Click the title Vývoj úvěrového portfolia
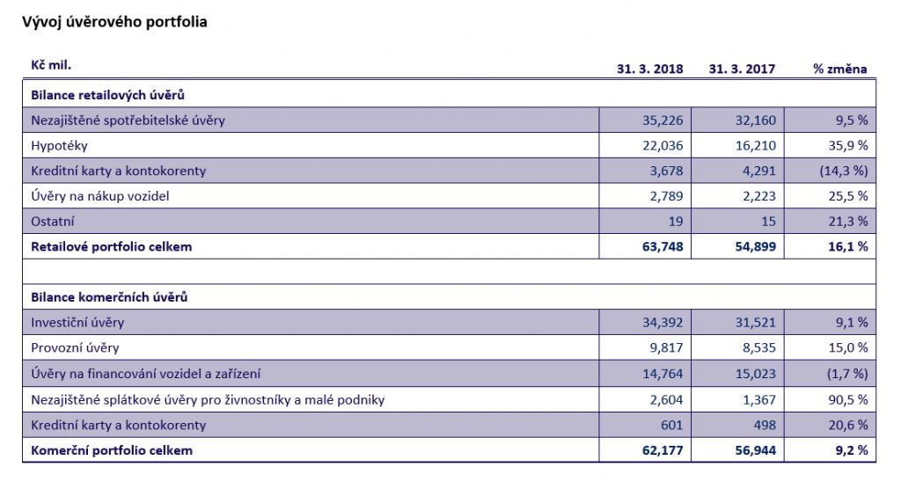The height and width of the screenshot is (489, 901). (x=114, y=22)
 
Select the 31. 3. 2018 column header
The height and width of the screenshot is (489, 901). (x=650, y=69)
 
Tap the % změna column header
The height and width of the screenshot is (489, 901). (x=840, y=69)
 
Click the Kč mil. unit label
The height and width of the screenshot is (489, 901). (x=51, y=66)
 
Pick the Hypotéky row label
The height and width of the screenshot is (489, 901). (x=59, y=145)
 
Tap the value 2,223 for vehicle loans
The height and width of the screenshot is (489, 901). (x=756, y=196)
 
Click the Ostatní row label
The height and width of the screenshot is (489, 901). (x=53, y=222)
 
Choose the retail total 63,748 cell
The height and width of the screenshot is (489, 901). (x=660, y=246)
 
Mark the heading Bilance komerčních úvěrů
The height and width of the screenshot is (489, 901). (x=109, y=297)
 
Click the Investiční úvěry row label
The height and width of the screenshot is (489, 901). (x=77, y=323)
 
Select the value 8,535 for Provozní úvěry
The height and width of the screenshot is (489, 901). (x=756, y=348)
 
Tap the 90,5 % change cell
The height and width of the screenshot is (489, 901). (x=846, y=399)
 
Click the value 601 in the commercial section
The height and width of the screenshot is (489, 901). (x=670, y=425)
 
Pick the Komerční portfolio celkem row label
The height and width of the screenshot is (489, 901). (x=112, y=450)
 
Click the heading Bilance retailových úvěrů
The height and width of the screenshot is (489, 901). (x=107, y=94)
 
